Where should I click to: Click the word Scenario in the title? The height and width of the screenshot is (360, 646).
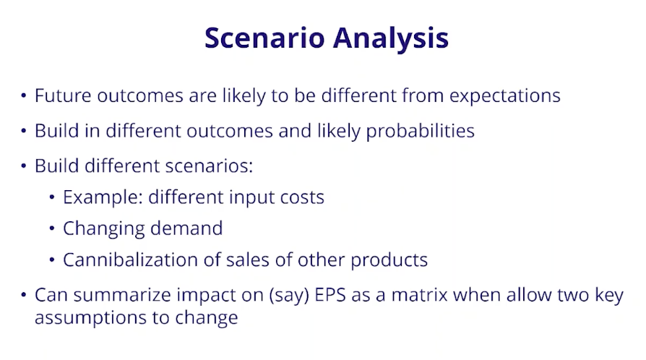pyautogui.click(x=265, y=38)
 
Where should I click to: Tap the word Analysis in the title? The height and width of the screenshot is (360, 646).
pyautogui.click(x=391, y=39)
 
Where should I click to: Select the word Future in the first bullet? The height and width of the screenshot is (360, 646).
pyautogui.click(x=63, y=95)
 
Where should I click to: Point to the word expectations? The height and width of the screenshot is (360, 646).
pyautogui.click(x=504, y=96)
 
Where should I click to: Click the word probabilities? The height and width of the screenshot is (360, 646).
pyautogui.click(x=421, y=132)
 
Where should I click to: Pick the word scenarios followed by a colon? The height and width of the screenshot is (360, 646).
pyautogui.click(x=209, y=166)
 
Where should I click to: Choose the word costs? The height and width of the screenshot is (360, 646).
pyautogui.click(x=302, y=198)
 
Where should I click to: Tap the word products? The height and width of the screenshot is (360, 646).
pyautogui.click(x=389, y=261)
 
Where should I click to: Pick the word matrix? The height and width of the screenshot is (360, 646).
pyautogui.click(x=419, y=295)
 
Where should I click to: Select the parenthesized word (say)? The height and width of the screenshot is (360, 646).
pyautogui.click(x=289, y=296)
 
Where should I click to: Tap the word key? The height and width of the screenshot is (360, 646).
pyautogui.click(x=609, y=296)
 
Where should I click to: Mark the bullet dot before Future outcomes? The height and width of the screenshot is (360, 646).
pyautogui.click(x=23, y=95)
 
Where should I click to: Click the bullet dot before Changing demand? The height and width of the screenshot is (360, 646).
pyautogui.click(x=52, y=228)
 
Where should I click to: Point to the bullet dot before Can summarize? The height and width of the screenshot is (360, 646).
pyautogui.click(x=23, y=295)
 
